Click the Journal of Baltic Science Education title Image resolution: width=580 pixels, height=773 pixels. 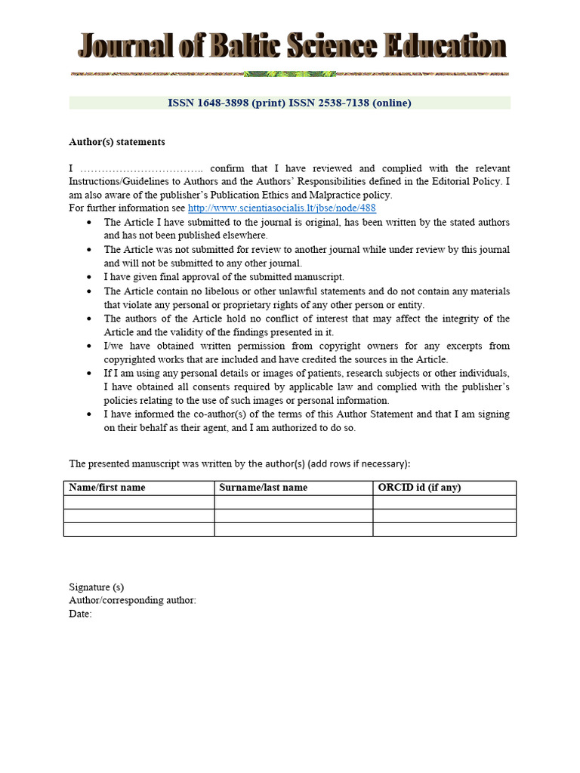pos(292,46)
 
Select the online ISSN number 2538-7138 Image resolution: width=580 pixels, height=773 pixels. pos(341,103)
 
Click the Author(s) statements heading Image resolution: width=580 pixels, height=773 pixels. pos(117,142)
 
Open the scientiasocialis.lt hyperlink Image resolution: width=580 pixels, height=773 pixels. pos(282,208)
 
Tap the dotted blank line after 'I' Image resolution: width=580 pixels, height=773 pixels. pos(142,168)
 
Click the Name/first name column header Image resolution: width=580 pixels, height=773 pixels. pos(107,488)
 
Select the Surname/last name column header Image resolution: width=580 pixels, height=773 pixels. pos(264,488)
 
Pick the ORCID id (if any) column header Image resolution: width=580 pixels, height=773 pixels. pos(419,488)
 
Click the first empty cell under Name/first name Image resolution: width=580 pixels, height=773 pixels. pos(139,502)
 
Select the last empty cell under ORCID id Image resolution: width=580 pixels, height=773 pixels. pos(444,529)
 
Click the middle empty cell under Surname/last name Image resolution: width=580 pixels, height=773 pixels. pos(293,516)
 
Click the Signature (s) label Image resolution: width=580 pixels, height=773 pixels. pos(97,587)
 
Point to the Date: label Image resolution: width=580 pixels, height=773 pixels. pos(80,614)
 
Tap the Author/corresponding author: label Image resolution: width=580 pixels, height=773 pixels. pos(133,600)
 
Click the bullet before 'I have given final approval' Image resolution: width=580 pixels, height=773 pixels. pos(90,277)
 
